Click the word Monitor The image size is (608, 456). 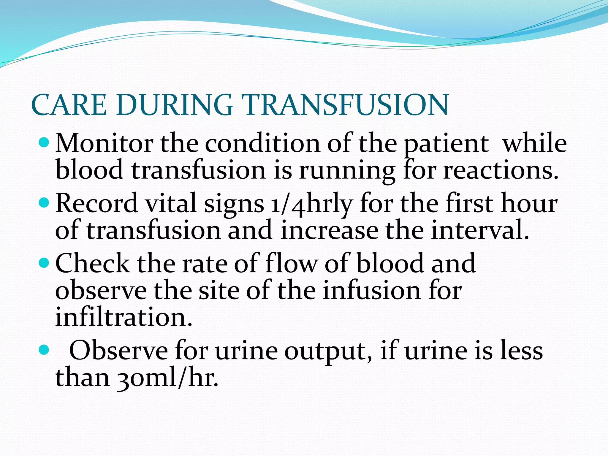pos(104,143)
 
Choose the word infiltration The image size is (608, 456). pos(124,317)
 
